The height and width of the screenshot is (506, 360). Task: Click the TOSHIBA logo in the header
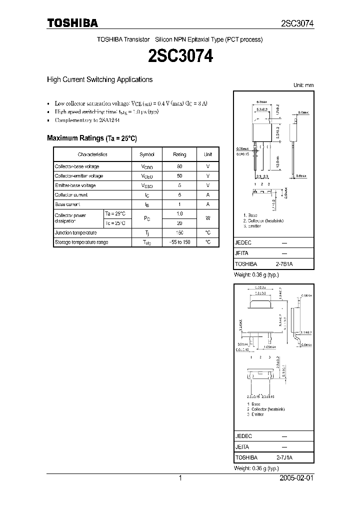pyautogui.click(x=72, y=22)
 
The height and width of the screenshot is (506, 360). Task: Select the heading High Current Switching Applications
pyautogui.click(x=99, y=79)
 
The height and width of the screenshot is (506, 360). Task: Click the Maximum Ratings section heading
pyautogui.click(x=91, y=138)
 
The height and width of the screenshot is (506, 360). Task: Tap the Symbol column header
pyautogui.click(x=147, y=154)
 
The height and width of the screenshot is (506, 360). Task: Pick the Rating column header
pyautogui.click(x=179, y=154)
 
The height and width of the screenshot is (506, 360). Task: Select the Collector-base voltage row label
pyautogui.click(x=77, y=166)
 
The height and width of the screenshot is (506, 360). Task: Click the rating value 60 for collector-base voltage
pyautogui.click(x=179, y=166)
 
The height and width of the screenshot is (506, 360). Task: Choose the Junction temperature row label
pyautogui.click(x=76, y=232)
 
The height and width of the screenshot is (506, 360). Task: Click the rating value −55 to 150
pyautogui.click(x=179, y=242)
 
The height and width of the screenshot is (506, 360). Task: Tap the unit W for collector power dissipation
pyautogui.click(x=208, y=218)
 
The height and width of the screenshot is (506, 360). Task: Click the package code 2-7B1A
pyautogui.click(x=284, y=263)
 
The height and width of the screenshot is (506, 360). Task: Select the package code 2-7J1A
pyautogui.click(x=284, y=457)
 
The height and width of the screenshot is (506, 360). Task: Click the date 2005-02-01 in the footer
pyautogui.click(x=296, y=478)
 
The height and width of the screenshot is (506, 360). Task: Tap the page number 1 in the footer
pyautogui.click(x=180, y=478)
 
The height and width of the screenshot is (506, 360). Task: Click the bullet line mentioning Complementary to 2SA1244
pyautogui.click(x=87, y=120)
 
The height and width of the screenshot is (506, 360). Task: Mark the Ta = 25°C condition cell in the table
pyautogui.click(x=117, y=213)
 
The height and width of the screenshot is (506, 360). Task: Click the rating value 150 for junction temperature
pyautogui.click(x=179, y=232)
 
